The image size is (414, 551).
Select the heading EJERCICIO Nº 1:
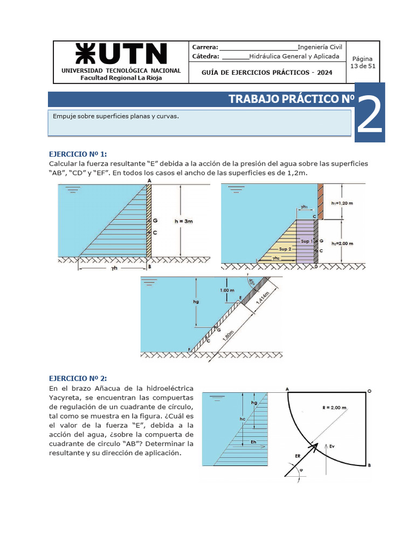tap(82, 153)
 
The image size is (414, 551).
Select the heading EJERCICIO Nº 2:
tap(82, 378)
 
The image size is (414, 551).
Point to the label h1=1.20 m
tap(342, 203)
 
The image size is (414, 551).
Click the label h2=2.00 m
tap(342, 243)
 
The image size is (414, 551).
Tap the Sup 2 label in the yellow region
tap(286, 249)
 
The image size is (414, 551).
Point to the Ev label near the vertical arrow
tap(333, 446)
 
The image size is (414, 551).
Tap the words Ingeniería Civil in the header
tap(320, 47)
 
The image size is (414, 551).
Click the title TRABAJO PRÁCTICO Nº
tap(291, 100)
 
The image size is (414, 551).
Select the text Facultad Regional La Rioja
tap(121, 77)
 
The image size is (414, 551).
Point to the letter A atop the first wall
tap(149, 181)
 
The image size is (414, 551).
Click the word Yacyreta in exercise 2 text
tap(65, 397)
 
